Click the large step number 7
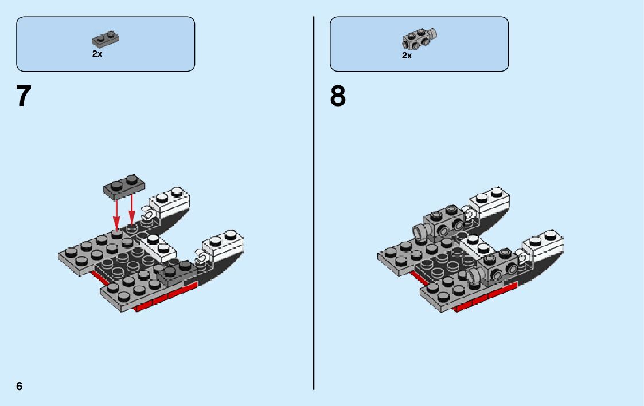tap(23, 97)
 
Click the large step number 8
tap(338, 97)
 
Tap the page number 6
tap(19, 386)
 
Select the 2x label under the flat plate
tap(97, 53)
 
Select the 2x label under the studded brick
tap(407, 56)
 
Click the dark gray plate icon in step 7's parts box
tap(106, 39)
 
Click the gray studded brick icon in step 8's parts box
tap(419, 39)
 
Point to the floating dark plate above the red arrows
tap(124, 187)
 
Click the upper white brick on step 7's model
tap(170, 201)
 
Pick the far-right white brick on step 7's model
tap(224, 243)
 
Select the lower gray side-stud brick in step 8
tap(496, 267)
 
